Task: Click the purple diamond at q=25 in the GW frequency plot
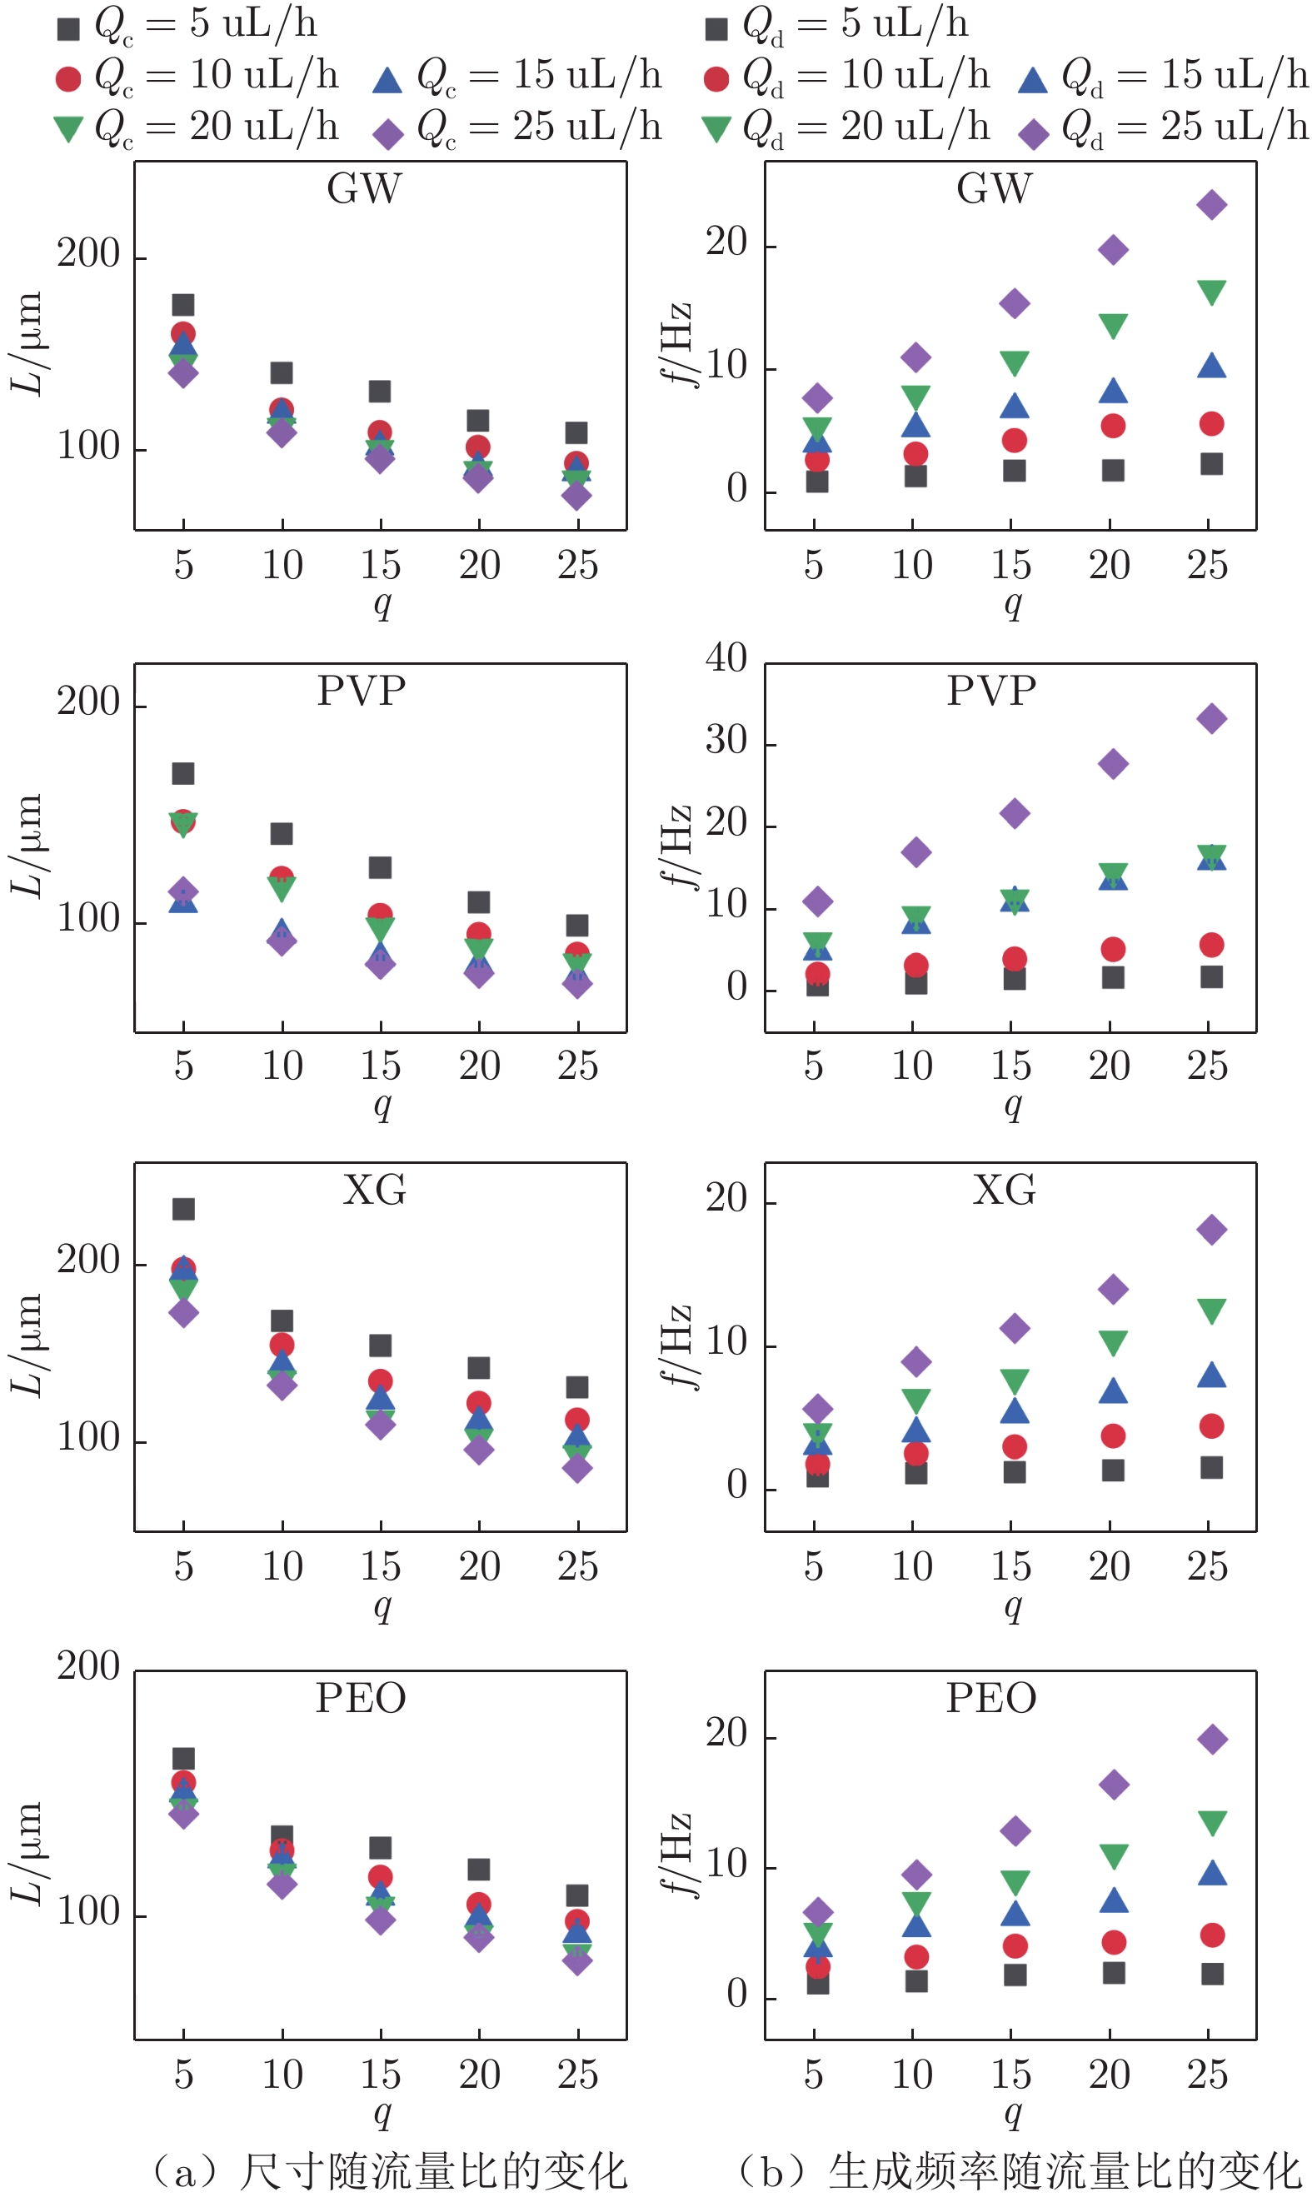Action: (1211, 205)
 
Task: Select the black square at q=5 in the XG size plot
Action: (183, 1209)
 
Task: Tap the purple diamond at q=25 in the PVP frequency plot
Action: (1211, 719)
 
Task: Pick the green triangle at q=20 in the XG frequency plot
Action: (1112, 1343)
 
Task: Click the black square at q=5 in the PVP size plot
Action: (183, 774)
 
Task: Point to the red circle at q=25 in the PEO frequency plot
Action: (1212, 1935)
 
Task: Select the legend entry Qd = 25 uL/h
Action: (1164, 128)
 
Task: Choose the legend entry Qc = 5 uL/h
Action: (187, 25)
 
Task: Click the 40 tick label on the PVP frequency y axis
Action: (726, 659)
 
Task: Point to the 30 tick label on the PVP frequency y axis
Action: (726, 740)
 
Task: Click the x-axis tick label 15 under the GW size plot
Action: (380, 565)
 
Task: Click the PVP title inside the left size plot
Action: (361, 692)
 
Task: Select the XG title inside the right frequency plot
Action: (1004, 1190)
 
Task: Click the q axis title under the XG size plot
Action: (382, 1605)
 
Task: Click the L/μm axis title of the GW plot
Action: (27, 345)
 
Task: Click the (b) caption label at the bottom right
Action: (1019, 2170)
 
